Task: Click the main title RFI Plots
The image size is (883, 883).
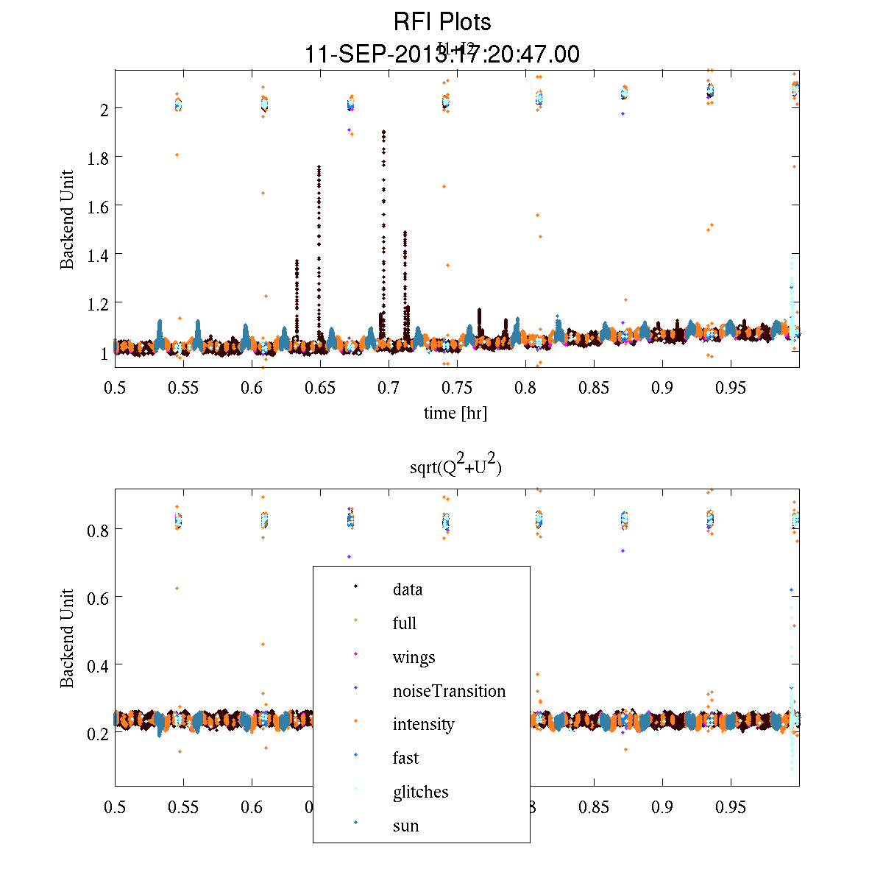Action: point(441,22)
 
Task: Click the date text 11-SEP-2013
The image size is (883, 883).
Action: point(368,54)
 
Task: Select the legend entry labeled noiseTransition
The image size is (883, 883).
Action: point(449,691)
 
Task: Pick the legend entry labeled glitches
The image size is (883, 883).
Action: point(420,792)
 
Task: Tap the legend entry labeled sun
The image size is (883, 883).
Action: point(405,826)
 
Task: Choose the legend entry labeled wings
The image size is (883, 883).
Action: point(414,657)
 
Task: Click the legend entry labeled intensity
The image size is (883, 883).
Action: point(423,724)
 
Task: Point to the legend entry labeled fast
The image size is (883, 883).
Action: point(405,758)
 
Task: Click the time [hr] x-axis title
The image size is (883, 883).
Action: point(455,413)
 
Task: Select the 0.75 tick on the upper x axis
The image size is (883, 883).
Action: point(457,388)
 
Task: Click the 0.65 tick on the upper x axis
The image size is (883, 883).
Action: point(320,388)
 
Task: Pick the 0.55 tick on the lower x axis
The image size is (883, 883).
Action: point(183,807)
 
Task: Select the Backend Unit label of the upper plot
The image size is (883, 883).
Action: point(67,219)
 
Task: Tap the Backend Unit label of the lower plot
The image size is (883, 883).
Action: point(67,638)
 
